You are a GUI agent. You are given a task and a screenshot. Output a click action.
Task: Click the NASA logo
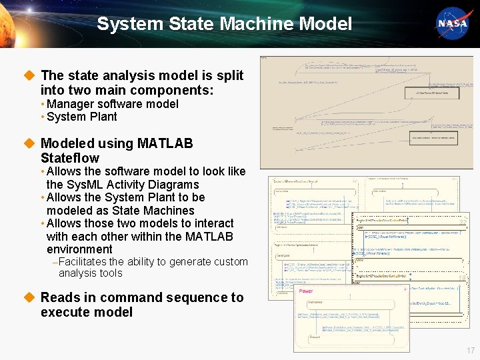(452, 23)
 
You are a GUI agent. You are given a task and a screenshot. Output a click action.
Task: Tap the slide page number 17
(471, 351)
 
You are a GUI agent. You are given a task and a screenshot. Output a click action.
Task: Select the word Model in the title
(325, 25)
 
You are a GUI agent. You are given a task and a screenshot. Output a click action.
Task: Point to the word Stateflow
(69, 158)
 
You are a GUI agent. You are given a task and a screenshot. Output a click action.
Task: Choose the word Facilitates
(82, 262)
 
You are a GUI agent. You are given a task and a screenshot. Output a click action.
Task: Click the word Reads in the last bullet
(59, 297)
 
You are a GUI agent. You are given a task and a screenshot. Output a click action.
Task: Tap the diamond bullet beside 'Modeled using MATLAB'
(29, 143)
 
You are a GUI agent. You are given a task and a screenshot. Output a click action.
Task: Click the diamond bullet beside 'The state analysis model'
(29, 75)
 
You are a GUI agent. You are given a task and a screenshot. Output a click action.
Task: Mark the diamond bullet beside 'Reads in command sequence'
(29, 297)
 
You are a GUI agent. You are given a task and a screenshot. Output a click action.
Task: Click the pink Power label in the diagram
(305, 291)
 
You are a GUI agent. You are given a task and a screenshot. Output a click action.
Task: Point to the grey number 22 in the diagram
(461, 223)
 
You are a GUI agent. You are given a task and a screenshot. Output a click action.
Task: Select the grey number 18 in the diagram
(461, 277)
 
